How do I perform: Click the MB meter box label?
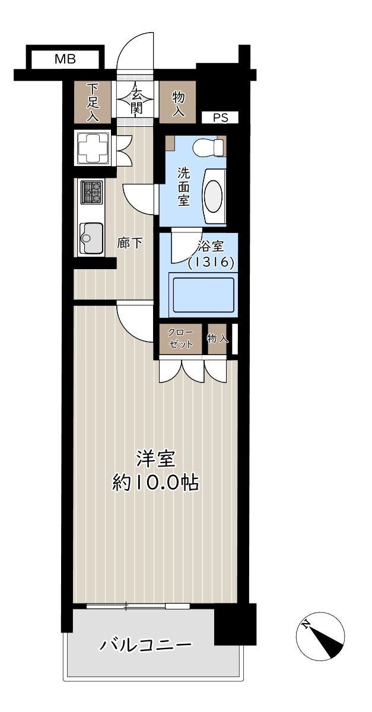(65, 59)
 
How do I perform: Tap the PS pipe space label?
(221, 117)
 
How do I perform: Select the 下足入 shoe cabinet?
(93, 102)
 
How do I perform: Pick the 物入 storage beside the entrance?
(177, 102)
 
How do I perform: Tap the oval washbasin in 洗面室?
(214, 196)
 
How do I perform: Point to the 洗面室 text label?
(183, 187)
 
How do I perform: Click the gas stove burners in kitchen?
(93, 192)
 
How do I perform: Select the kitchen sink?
(91, 238)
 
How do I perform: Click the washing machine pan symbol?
(93, 148)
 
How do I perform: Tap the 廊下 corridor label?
(129, 244)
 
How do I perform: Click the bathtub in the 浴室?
(204, 295)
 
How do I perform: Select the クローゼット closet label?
(180, 339)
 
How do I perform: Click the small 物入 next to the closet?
(217, 339)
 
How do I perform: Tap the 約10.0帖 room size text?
(155, 483)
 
